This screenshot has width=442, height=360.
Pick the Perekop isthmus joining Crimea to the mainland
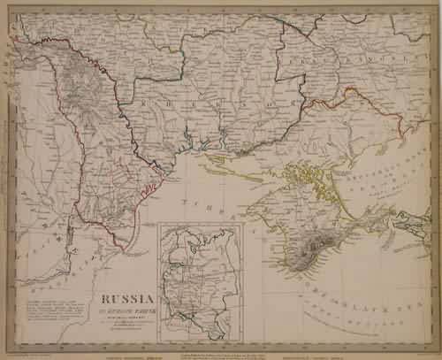(x=288, y=169)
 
